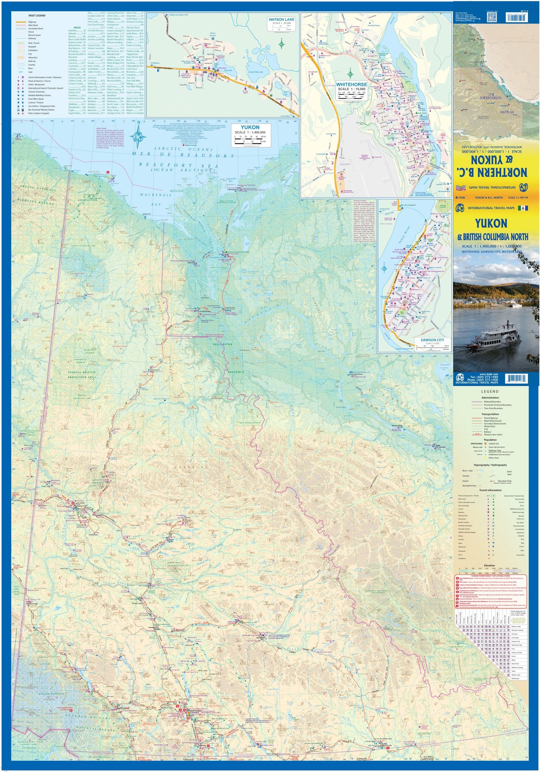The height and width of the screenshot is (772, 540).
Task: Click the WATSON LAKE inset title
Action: tap(282, 19)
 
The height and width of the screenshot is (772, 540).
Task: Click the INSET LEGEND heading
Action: tap(37, 15)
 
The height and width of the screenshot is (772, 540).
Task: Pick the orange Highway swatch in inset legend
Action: tap(21, 22)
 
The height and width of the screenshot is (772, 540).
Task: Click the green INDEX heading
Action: tap(77, 27)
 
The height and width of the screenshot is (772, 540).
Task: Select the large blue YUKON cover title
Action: tap(491, 224)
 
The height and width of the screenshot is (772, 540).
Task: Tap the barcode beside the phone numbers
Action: tap(516, 378)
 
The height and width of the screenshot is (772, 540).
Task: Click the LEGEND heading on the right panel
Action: tap(490, 391)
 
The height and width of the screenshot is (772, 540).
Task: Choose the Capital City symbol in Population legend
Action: tap(486, 443)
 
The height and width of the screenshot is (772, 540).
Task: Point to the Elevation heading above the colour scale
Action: tap(489, 565)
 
